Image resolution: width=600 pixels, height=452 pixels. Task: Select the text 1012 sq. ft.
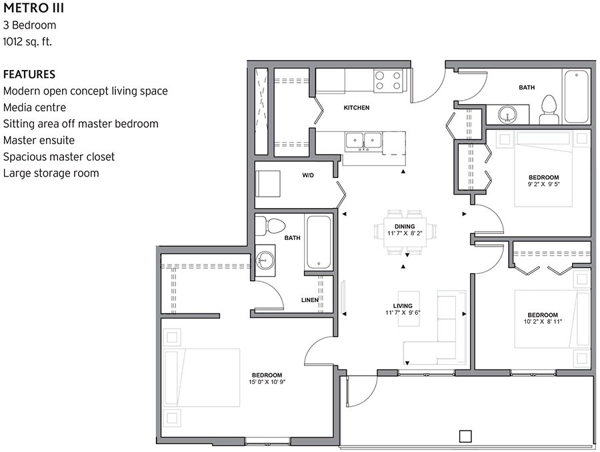coord(27,41)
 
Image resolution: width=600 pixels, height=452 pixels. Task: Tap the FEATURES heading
coord(29,74)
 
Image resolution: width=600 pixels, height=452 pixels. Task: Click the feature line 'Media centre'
coord(35,107)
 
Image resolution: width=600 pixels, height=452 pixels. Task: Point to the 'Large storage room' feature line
coord(51,173)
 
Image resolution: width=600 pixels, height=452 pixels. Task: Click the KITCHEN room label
coord(356,108)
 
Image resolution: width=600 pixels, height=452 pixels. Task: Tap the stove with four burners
coord(387,81)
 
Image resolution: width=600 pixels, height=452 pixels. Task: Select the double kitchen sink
coord(363,141)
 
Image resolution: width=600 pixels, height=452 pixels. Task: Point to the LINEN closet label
coord(310,300)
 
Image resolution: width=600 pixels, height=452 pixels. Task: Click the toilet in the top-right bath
coord(549,109)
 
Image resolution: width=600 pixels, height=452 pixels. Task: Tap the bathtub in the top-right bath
coord(576,97)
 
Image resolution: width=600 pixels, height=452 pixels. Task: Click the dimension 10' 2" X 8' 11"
coord(542,321)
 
